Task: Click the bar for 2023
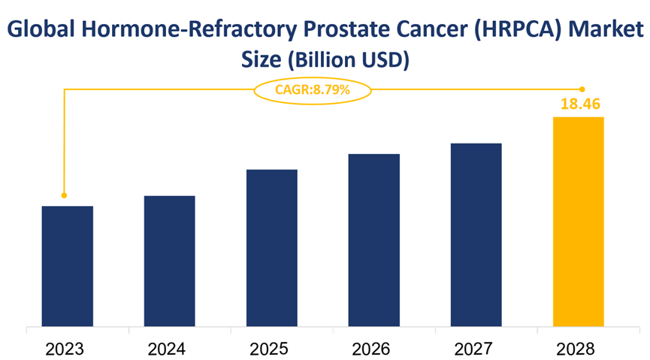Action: pyautogui.click(x=68, y=267)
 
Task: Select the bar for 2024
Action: pyautogui.click(x=170, y=262)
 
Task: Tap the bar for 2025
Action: pyautogui.click(x=272, y=249)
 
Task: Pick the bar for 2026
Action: pyautogui.click(x=374, y=241)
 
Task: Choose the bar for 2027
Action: pyautogui.click(x=476, y=235)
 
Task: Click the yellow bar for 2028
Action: pyautogui.click(x=579, y=222)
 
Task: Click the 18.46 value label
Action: pyautogui.click(x=579, y=104)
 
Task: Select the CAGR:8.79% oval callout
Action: pyautogui.click(x=313, y=89)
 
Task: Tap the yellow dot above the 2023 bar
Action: pyautogui.click(x=64, y=195)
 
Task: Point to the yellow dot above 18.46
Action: pyautogui.click(x=582, y=89)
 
